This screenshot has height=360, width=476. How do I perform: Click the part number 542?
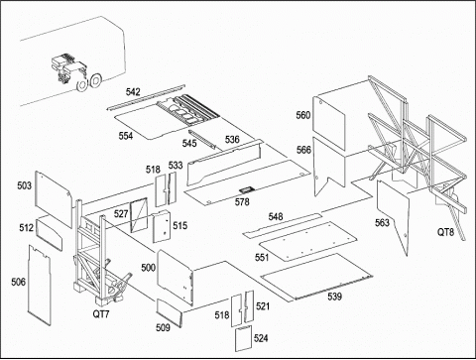point(133,92)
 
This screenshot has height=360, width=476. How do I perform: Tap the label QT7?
point(101,313)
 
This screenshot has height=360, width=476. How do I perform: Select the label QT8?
point(445,232)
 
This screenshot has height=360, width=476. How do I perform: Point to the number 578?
point(242,201)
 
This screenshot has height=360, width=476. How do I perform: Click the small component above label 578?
point(246,189)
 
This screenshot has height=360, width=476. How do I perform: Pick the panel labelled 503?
point(54,198)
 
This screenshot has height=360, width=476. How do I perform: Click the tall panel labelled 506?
point(40,285)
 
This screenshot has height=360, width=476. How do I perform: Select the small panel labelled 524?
point(243,339)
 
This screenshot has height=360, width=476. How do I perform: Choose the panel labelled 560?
point(329,122)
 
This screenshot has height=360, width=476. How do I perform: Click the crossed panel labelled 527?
point(139,215)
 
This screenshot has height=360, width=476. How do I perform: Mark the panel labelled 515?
point(162,227)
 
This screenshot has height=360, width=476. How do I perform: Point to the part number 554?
point(126,136)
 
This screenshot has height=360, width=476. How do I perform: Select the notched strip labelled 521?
point(249,306)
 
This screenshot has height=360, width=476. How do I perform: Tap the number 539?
point(334,297)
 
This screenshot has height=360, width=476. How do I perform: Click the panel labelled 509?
point(170,312)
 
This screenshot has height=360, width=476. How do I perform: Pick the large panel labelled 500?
point(175,277)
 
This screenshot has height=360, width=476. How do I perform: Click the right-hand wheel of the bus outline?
point(96,80)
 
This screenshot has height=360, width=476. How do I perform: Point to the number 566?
point(303,150)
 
